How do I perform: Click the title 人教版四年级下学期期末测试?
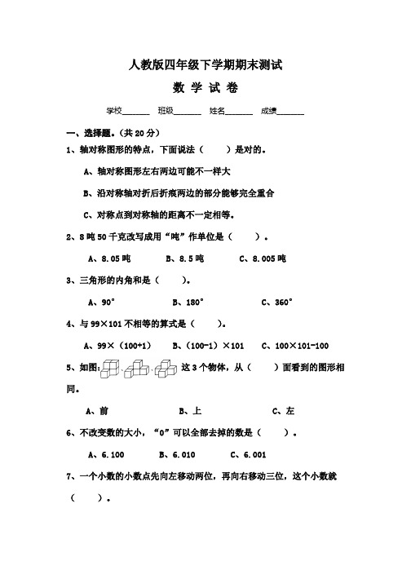tap(205, 66)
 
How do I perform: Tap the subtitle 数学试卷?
tap(205, 88)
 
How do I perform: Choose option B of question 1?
tap(179, 194)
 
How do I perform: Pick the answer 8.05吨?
tap(108, 258)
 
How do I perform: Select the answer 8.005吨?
tap(263, 258)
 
